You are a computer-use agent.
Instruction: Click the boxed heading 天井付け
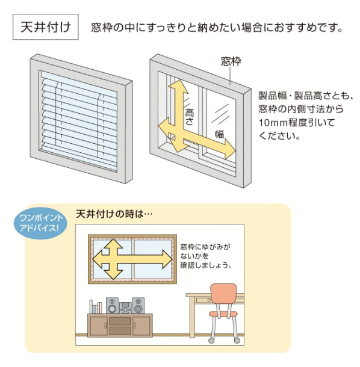click(46, 27)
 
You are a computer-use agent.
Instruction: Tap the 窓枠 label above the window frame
click(231, 61)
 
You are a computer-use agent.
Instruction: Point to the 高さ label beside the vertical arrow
click(189, 117)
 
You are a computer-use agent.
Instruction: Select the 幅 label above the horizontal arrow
click(220, 134)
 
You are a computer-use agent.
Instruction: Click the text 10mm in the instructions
click(273, 122)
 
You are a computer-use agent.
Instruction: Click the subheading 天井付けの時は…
click(114, 214)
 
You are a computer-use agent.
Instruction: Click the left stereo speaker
click(112, 306)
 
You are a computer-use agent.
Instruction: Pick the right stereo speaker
click(138, 306)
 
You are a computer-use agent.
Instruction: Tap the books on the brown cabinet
click(96, 307)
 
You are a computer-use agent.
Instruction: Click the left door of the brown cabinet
click(99, 325)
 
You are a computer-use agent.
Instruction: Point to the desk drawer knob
click(209, 300)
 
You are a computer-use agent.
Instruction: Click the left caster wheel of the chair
click(211, 341)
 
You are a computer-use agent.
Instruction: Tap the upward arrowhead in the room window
click(113, 244)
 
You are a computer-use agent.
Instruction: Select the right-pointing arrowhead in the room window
click(167, 259)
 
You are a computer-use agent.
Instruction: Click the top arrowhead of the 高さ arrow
click(178, 87)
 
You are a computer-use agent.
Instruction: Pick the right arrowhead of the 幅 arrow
click(229, 149)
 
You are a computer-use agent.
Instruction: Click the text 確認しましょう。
click(206, 265)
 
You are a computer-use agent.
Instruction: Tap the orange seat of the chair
click(223, 314)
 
